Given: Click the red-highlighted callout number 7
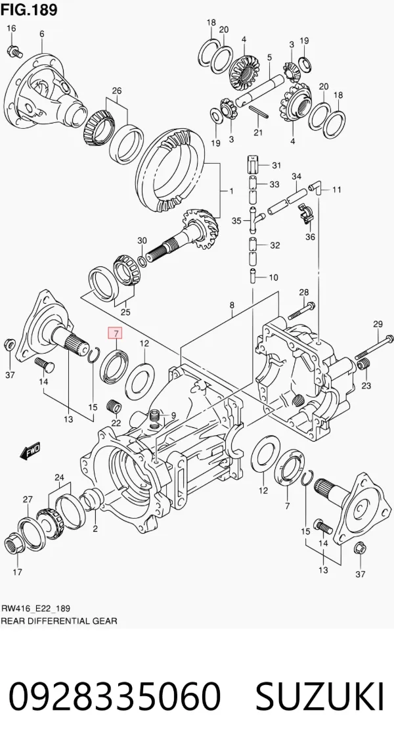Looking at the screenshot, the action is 116,332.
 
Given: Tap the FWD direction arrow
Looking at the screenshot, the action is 31,450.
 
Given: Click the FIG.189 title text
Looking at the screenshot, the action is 29,9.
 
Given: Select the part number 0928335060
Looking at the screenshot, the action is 115,695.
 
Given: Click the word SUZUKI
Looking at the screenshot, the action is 320,695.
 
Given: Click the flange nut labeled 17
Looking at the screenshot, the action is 16,544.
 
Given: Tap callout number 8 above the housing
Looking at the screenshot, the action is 232,305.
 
